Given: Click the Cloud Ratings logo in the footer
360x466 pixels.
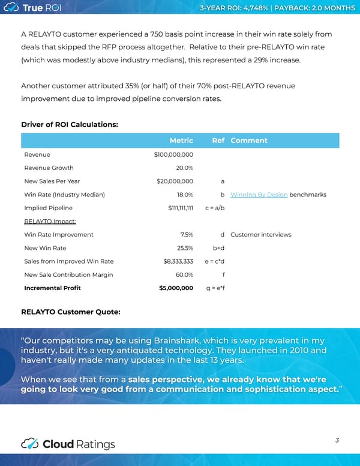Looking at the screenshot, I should pyautogui.click(x=67, y=444).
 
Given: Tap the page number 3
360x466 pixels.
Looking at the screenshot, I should pyautogui.click(x=337, y=440).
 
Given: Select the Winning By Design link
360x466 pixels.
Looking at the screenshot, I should pyautogui.click(x=259, y=195).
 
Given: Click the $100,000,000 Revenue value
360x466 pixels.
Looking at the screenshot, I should pyautogui.click(x=173, y=155).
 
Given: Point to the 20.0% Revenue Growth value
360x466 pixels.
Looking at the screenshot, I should pyautogui.click(x=184, y=168).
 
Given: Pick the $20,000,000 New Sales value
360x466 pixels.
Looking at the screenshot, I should pyautogui.click(x=175, y=181).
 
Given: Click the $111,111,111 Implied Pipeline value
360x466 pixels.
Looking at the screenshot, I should pyautogui.click(x=181, y=208).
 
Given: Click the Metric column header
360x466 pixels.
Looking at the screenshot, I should pyautogui.click(x=181, y=141).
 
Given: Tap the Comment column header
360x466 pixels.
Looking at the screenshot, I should pyautogui.click(x=249, y=141).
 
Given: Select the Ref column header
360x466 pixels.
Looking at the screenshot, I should pyautogui.click(x=218, y=141).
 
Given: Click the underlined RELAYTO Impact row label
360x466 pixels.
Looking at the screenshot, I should pyautogui.click(x=50, y=221).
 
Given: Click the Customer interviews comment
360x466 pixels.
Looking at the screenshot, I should pyautogui.click(x=260, y=234).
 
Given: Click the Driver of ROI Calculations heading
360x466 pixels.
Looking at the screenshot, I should pyautogui.click(x=70, y=124).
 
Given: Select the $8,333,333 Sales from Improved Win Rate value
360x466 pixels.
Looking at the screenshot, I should pyautogui.click(x=178, y=261).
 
